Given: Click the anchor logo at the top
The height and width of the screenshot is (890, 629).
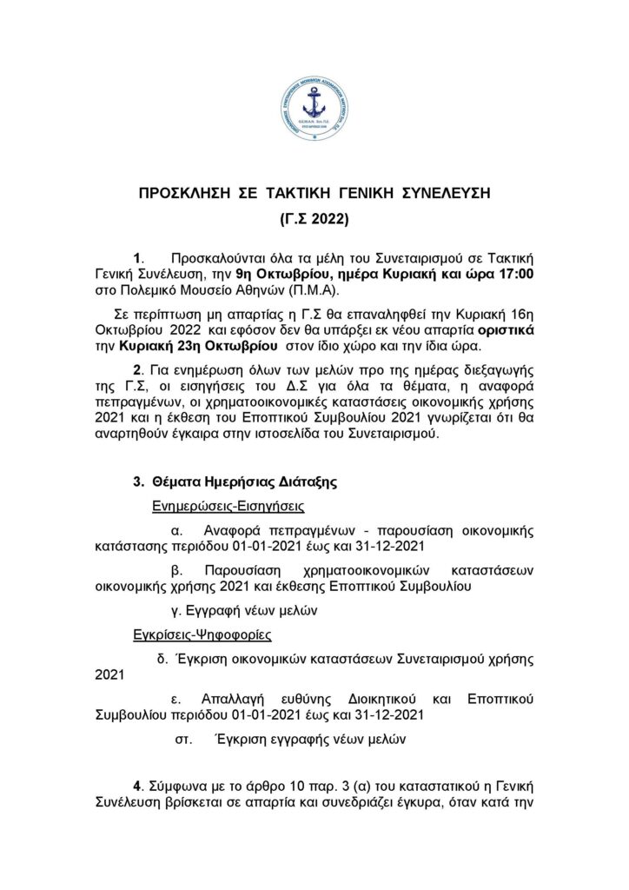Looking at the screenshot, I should [314, 109].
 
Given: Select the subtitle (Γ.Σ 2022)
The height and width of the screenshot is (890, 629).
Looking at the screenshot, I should [314, 221].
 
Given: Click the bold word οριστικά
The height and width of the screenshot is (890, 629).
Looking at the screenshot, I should [495, 330].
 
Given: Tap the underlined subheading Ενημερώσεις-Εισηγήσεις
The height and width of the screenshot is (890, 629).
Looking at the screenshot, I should [217, 504].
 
